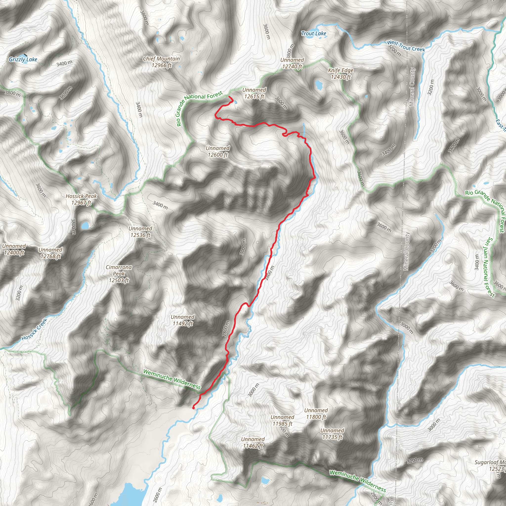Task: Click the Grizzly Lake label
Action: [23, 60]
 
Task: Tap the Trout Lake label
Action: [314, 34]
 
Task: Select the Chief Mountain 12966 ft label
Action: [161, 62]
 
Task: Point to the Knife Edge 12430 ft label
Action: [341, 74]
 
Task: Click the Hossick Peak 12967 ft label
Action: [81, 199]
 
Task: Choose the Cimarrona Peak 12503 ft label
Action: [119, 274]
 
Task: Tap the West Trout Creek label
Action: [406, 46]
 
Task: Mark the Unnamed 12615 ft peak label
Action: [254, 93]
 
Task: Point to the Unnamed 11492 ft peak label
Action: [183, 320]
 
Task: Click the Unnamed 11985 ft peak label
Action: [282, 420]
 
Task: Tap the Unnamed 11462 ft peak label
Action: [253, 442]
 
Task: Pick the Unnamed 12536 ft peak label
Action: [140, 232]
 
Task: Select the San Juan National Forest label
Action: [489, 267]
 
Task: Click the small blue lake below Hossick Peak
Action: [85, 226]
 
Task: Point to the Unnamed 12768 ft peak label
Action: [50, 253]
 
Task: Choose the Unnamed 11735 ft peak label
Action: [332, 434]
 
